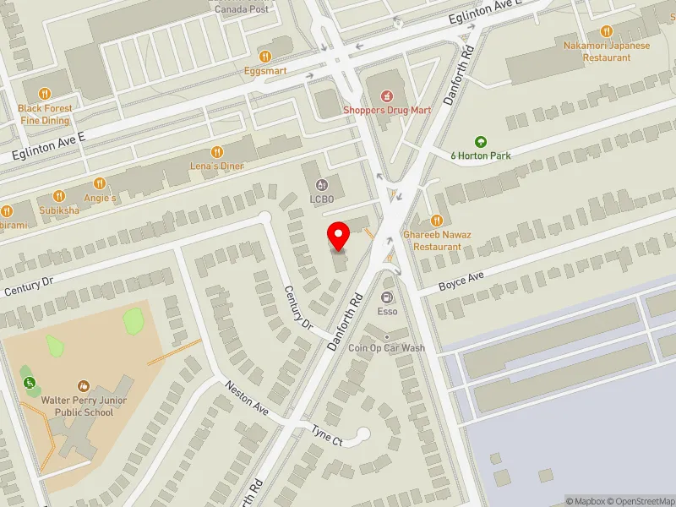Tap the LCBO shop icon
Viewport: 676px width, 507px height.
(321, 185)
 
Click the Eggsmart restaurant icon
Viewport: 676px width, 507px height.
(264, 56)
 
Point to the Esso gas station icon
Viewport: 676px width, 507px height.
(387, 297)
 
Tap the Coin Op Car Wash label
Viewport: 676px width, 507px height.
(387, 348)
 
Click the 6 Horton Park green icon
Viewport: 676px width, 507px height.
(481, 141)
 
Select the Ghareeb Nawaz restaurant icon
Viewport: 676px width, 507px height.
(437, 221)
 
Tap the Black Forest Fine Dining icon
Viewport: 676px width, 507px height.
(46, 94)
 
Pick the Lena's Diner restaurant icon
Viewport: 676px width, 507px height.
(217, 152)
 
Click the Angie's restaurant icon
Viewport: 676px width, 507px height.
(99, 183)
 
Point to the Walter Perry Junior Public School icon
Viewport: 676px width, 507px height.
(84, 386)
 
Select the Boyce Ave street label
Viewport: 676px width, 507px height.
(461, 281)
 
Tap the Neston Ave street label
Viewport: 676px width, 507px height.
(247, 399)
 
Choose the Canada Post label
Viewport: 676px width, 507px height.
(241, 9)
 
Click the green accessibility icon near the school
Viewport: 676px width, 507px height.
(30, 383)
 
